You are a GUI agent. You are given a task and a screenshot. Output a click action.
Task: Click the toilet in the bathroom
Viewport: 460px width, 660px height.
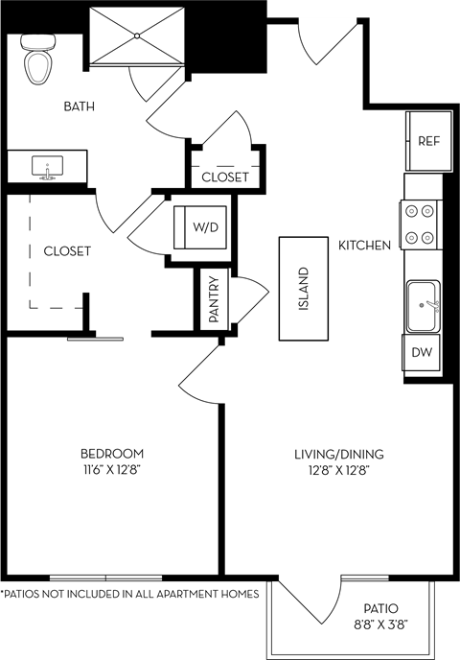38,62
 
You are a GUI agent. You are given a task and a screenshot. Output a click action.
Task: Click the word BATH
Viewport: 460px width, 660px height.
79,106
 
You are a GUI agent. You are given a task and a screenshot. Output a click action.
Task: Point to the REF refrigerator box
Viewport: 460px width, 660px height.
427,140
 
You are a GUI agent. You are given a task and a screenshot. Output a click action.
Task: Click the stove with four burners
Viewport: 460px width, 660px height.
422,223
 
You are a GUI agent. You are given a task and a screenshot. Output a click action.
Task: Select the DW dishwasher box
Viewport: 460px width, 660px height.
422,352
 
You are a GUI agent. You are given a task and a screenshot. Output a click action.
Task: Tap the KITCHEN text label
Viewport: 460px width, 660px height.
364,246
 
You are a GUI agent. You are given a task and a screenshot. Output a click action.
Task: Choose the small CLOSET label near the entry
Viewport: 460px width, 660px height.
225,177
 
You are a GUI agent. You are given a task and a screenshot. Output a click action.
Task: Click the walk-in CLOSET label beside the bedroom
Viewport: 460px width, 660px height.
67,251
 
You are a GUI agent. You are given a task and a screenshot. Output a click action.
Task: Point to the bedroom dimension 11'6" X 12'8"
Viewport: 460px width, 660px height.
112,470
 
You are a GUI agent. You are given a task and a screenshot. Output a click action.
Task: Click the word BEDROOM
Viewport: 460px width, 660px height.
112,454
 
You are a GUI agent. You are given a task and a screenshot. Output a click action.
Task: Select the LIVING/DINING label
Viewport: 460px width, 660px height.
333,454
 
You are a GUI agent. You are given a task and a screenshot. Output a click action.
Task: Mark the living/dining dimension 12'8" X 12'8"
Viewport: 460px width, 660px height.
333,470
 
